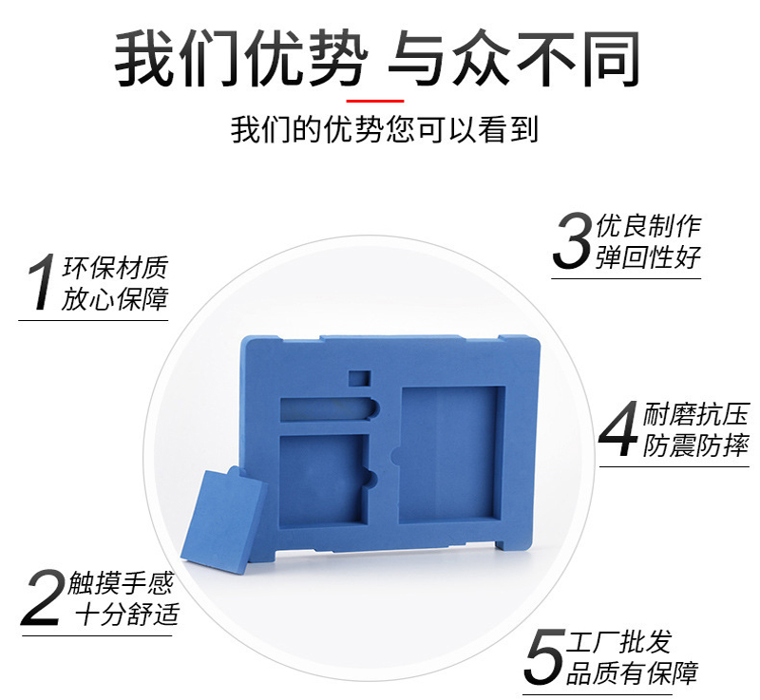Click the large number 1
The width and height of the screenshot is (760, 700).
41,281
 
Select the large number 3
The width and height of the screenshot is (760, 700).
573,240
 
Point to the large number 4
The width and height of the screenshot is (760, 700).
618,428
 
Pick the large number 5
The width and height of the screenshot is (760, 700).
544,657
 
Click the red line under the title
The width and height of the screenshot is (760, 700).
375,101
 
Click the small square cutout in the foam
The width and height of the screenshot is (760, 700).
360,378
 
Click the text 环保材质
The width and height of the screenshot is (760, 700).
115,268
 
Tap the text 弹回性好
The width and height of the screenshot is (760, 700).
649,256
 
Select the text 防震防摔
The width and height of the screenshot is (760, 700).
696,445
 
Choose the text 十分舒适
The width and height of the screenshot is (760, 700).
127,614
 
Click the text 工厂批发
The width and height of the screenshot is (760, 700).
619,642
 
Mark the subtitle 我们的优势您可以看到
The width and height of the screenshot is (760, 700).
385,130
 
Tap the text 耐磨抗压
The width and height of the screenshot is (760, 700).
696,415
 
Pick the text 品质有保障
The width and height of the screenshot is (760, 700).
633,672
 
